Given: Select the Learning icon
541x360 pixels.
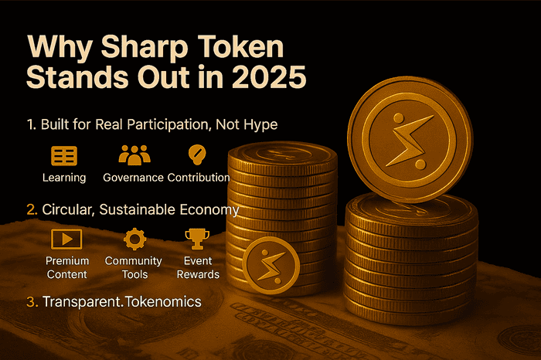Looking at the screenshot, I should pos(63,155).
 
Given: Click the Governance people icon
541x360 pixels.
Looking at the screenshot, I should pos(134,155).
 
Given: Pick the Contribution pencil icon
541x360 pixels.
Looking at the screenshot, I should pos(198,155).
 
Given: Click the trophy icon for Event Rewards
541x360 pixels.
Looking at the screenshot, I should pos(196,238).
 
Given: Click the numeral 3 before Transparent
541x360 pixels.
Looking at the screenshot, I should pos(31,302).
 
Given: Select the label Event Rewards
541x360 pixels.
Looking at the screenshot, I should pos(198,267).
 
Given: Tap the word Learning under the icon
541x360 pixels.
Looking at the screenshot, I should pos(64,177).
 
